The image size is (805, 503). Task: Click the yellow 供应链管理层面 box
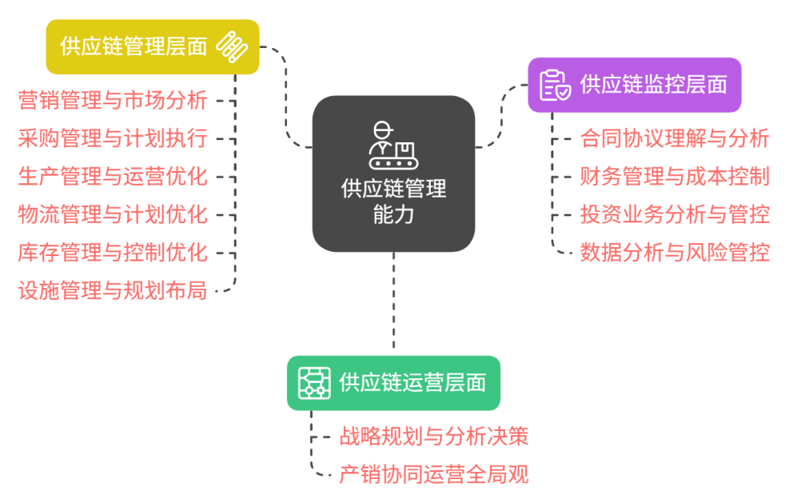click(x=152, y=46)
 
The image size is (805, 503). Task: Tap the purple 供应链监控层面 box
click(x=634, y=84)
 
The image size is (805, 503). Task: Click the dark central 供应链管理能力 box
click(x=393, y=174)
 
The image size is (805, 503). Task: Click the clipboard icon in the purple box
click(x=555, y=85)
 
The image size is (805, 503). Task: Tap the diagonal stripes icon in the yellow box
click(x=232, y=46)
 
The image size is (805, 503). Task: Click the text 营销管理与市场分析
click(x=113, y=101)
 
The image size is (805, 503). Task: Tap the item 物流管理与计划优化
click(x=113, y=214)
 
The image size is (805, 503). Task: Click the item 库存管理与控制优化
click(x=113, y=253)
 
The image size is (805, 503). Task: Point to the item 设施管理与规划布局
click(x=113, y=290)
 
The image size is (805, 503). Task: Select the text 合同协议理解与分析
click(x=675, y=138)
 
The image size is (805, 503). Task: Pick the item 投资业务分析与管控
click(x=675, y=214)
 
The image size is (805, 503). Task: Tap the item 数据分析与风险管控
click(x=675, y=253)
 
